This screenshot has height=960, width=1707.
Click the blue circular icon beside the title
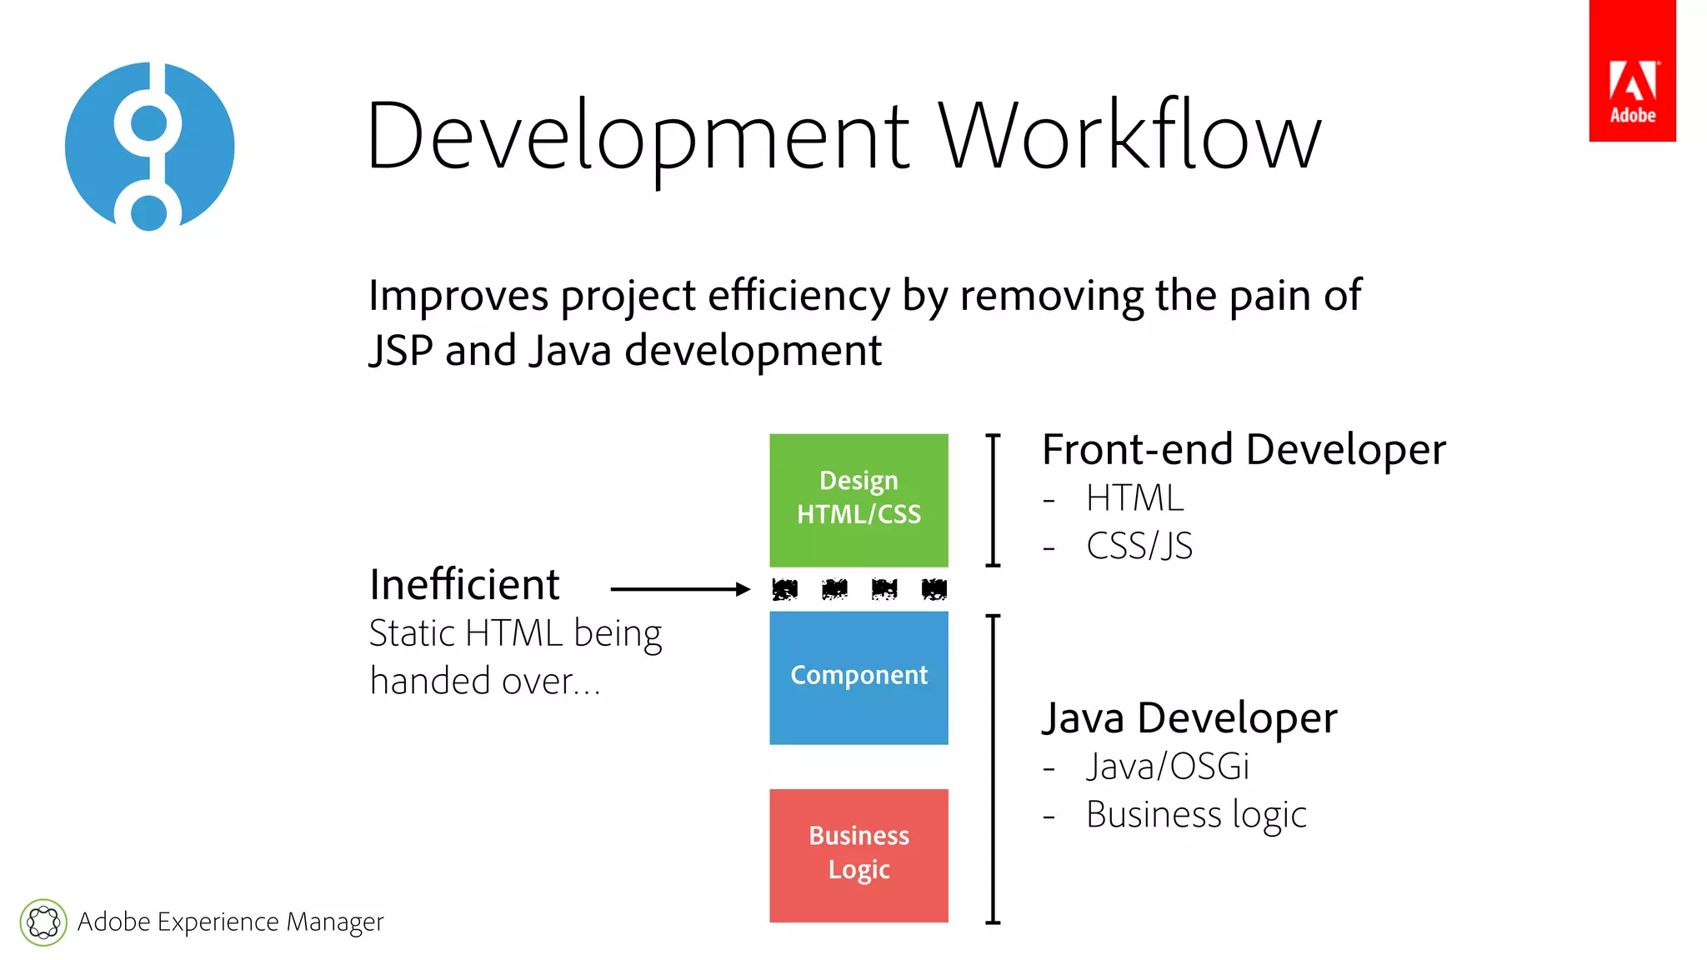pos(150,147)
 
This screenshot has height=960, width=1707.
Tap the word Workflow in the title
pos(1130,136)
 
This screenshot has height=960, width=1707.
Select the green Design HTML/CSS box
pos(859,500)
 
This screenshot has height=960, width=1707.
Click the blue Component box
pos(859,677)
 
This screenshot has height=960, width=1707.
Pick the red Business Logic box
pos(859,855)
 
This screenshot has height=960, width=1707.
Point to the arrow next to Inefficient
pos(680,589)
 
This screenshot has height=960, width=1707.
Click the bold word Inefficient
pos(464,584)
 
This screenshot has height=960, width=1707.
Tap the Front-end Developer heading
pos(1244,450)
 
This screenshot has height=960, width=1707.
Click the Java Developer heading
pos(1189,718)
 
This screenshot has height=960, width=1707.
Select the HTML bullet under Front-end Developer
pos(1134,498)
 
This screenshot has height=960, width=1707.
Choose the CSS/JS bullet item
pos(1139,547)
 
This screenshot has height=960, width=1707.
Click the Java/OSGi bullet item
pos(1167,767)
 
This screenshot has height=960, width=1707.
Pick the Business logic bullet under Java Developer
pos(1196,815)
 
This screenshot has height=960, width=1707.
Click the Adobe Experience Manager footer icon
pos(43,922)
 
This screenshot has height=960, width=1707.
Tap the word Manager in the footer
pos(335,922)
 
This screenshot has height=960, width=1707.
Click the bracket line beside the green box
pos(993,500)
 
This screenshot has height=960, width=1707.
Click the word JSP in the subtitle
pos(401,351)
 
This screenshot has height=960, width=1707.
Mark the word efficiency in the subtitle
pos(799,296)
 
